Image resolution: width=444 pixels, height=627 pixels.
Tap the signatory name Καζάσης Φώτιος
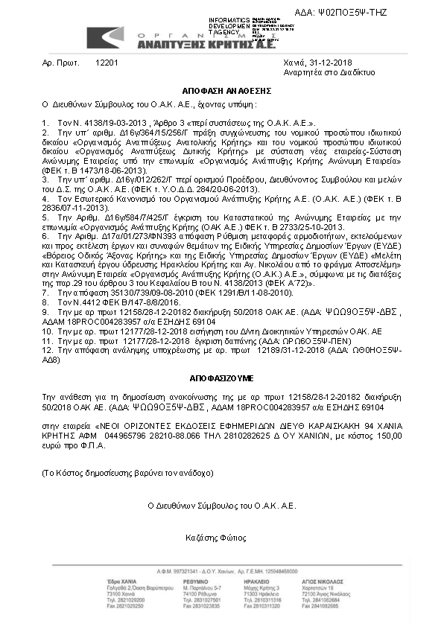(221, 536)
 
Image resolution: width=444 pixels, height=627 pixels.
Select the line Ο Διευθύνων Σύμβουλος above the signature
(221, 504)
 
